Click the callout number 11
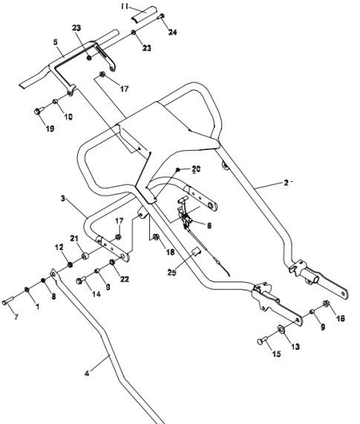pos(125,6)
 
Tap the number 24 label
pos(172,32)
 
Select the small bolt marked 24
pos(161,16)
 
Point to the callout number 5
pos(56,42)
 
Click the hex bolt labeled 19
pos(39,111)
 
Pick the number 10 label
pos(68,117)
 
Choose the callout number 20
pos(196,169)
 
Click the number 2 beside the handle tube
pos(287,183)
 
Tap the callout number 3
pos(63,198)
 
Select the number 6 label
pos(209,225)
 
